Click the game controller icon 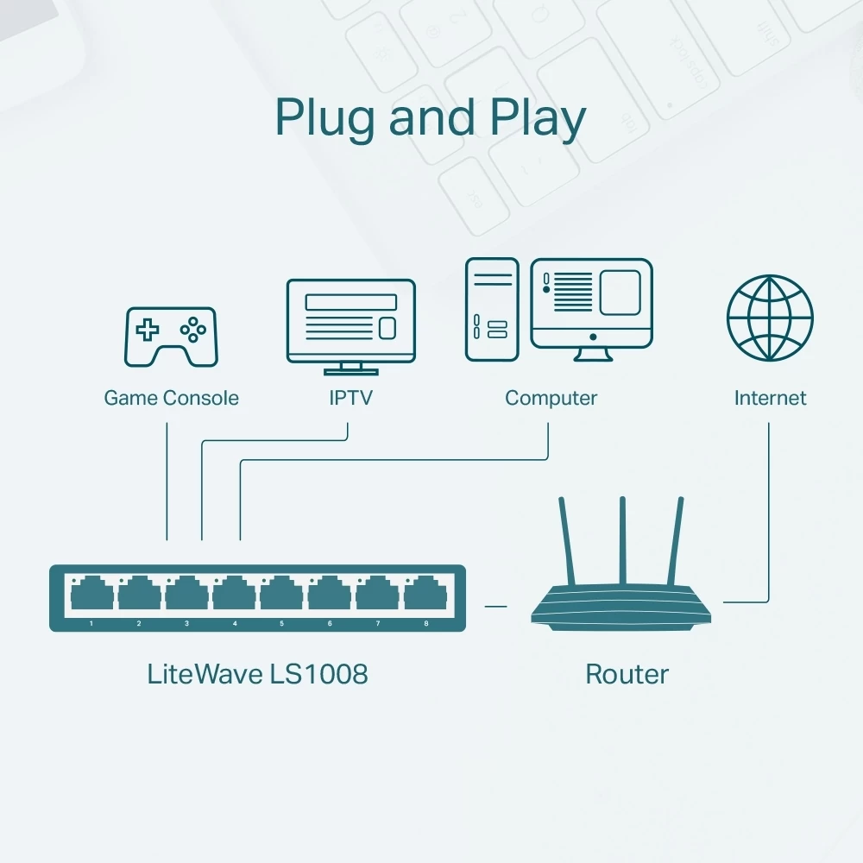point(172,336)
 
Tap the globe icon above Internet point(770,318)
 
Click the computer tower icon point(492,309)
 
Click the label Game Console point(171,398)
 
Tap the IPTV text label point(350,398)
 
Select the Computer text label point(551,398)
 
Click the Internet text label point(770,398)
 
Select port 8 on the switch point(425,595)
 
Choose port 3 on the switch point(186,595)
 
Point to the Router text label point(627,674)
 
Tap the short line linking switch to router point(495,606)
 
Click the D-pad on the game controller point(149,329)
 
